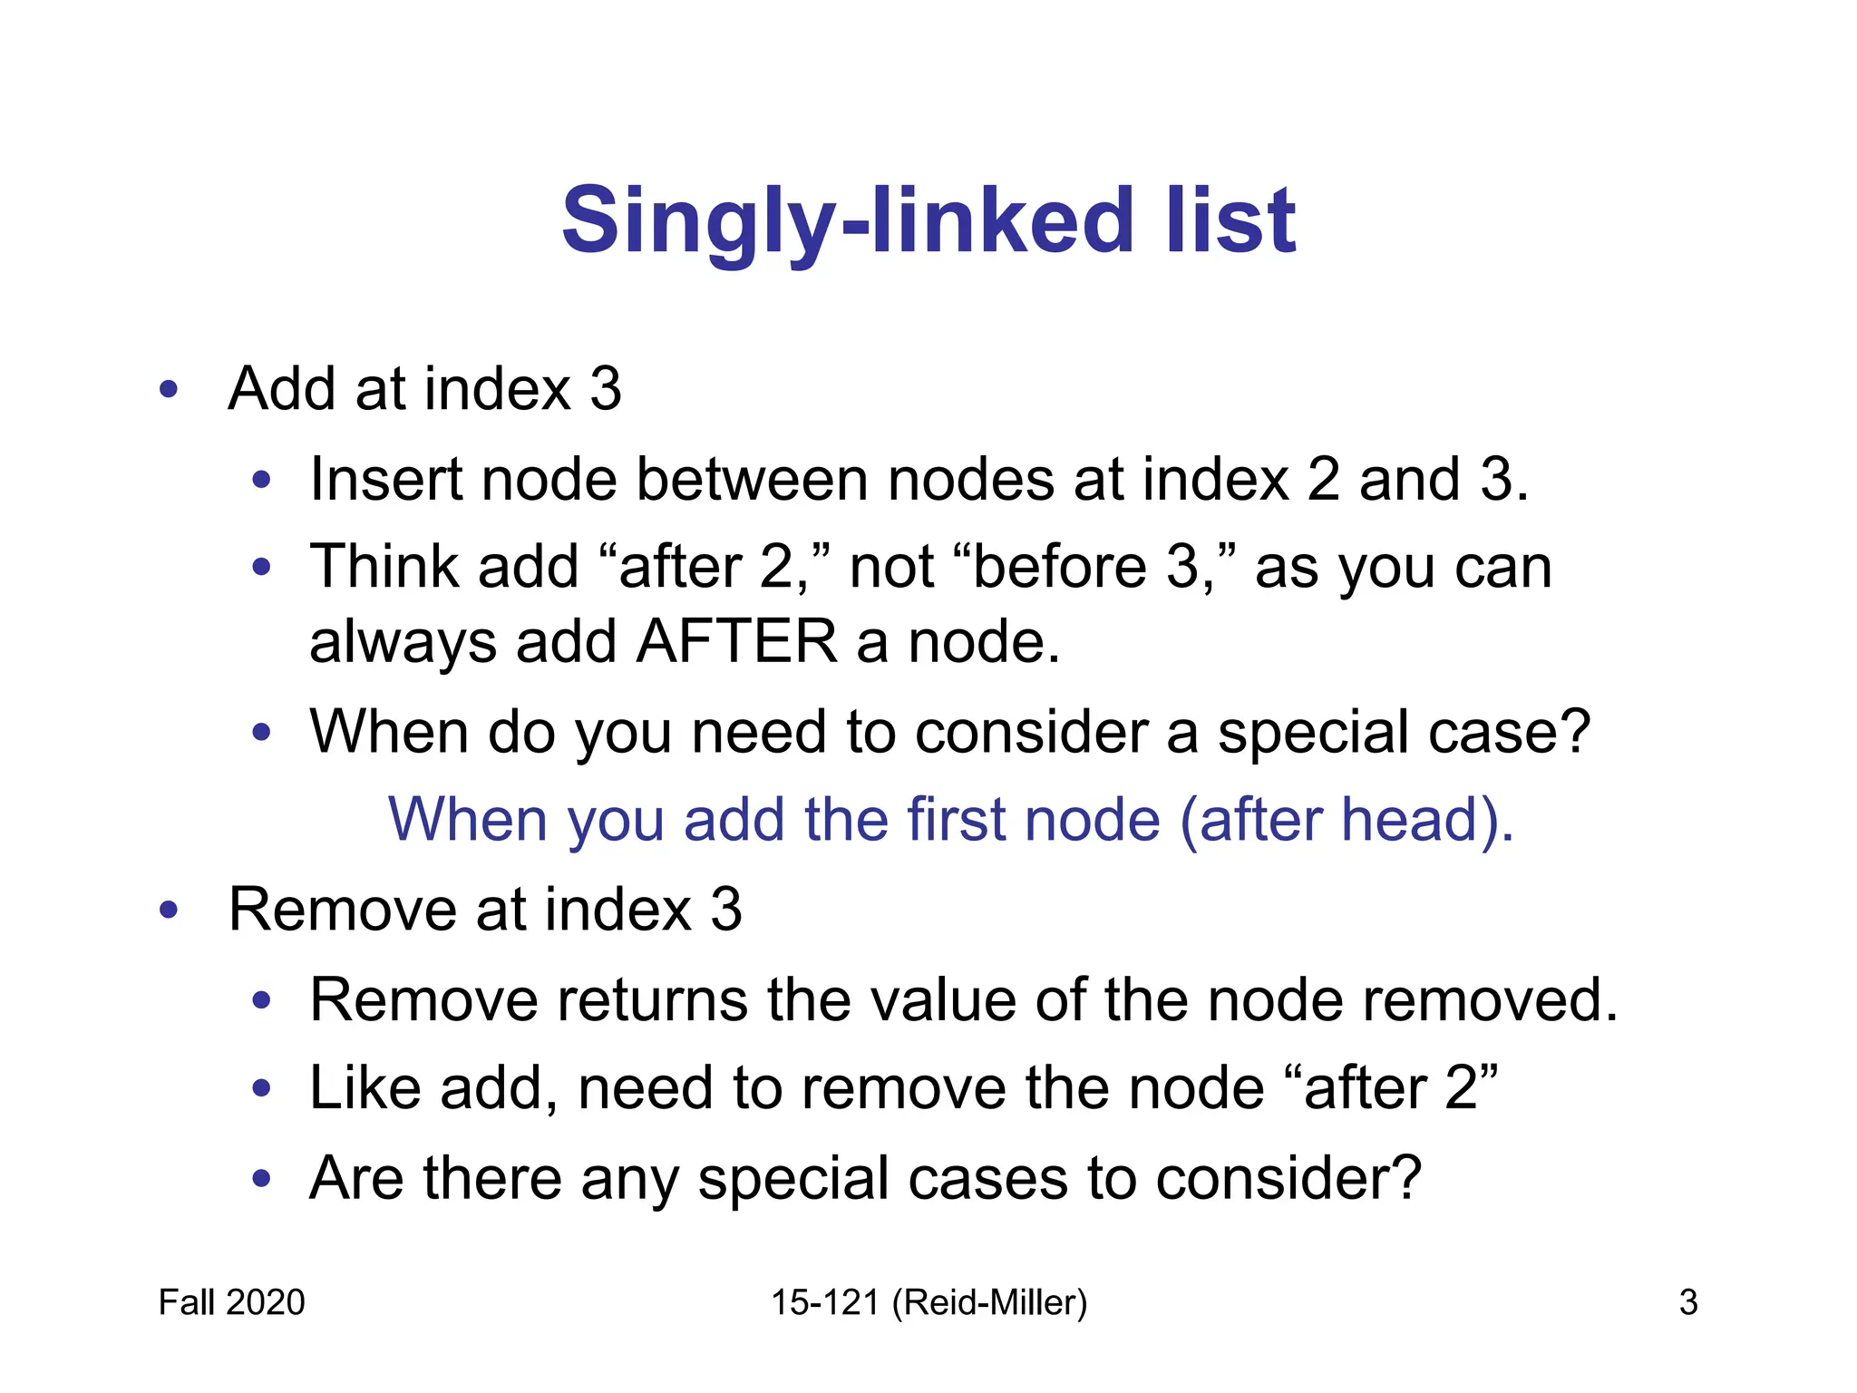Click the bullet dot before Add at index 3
point(169,390)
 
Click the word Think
point(384,567)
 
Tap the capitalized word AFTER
point(736,642)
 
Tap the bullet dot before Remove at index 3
point(169,910)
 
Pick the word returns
point(650,999)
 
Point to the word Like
point(365,1087)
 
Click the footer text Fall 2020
point(231,1302)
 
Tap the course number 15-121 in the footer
point(825,1302)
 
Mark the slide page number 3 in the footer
point(1687,1302)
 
